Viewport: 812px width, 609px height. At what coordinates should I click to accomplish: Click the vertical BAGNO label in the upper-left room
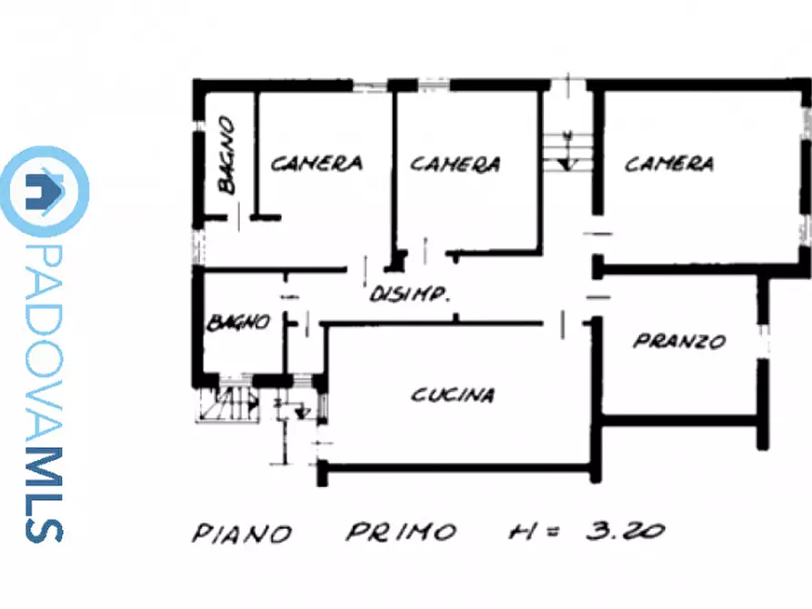pos(226,155)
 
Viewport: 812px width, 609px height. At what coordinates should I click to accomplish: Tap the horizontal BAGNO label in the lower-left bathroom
pos(238,322)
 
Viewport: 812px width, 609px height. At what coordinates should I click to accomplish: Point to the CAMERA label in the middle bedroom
pos(456,165)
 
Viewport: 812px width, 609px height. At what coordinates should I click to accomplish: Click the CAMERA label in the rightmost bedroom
pos(669,164)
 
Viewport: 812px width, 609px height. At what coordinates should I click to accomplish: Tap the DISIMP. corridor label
pos(409,294)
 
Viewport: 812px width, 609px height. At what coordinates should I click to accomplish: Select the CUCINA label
pos(453,394)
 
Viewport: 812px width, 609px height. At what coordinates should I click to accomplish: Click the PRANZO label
pos(679,341)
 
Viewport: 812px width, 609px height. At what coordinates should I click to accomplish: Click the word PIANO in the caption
pos(242,533)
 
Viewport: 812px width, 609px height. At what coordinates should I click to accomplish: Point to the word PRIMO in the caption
pos(401,532)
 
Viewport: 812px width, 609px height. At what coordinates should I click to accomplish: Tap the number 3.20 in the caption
pos(626,530)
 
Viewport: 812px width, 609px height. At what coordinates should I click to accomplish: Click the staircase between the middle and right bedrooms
pos(568,152)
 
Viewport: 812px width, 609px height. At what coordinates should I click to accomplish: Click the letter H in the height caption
pos(522,532)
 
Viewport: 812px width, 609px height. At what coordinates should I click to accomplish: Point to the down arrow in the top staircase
pos(568,152)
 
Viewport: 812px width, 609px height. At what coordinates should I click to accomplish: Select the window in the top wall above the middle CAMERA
pos(434,85)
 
